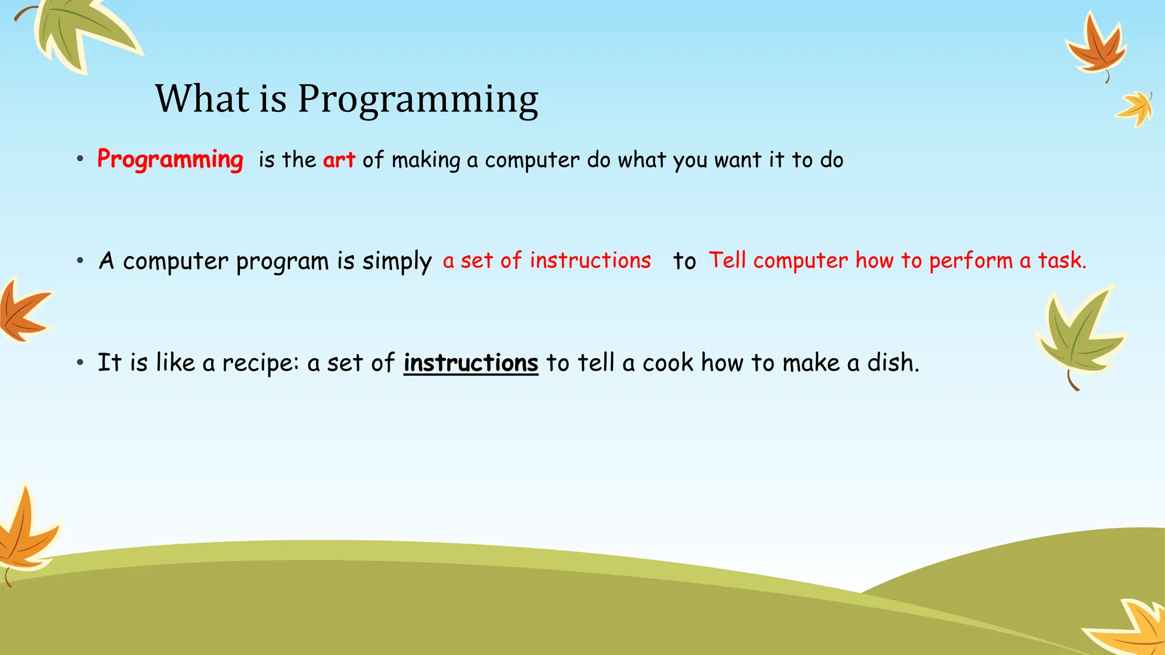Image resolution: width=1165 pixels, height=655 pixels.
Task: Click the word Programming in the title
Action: tap(418, 99)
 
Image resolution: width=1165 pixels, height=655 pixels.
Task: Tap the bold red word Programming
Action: tap(170, 159)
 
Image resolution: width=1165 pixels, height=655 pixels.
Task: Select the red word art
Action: tap(339, 160)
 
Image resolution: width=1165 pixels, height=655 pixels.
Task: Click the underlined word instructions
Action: tap(470, 363)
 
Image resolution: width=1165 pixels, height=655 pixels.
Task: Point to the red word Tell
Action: tap(727, 260)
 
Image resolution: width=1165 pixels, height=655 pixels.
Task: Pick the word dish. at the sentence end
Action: tap(893, 363)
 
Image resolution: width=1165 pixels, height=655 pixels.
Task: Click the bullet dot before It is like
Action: tap(80, 362)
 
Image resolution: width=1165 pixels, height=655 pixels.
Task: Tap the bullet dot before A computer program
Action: tap(80, 261)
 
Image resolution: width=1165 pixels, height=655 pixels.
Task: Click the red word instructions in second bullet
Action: tap(590, 260)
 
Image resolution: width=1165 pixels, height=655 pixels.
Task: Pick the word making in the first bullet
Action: tap(425, 160)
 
